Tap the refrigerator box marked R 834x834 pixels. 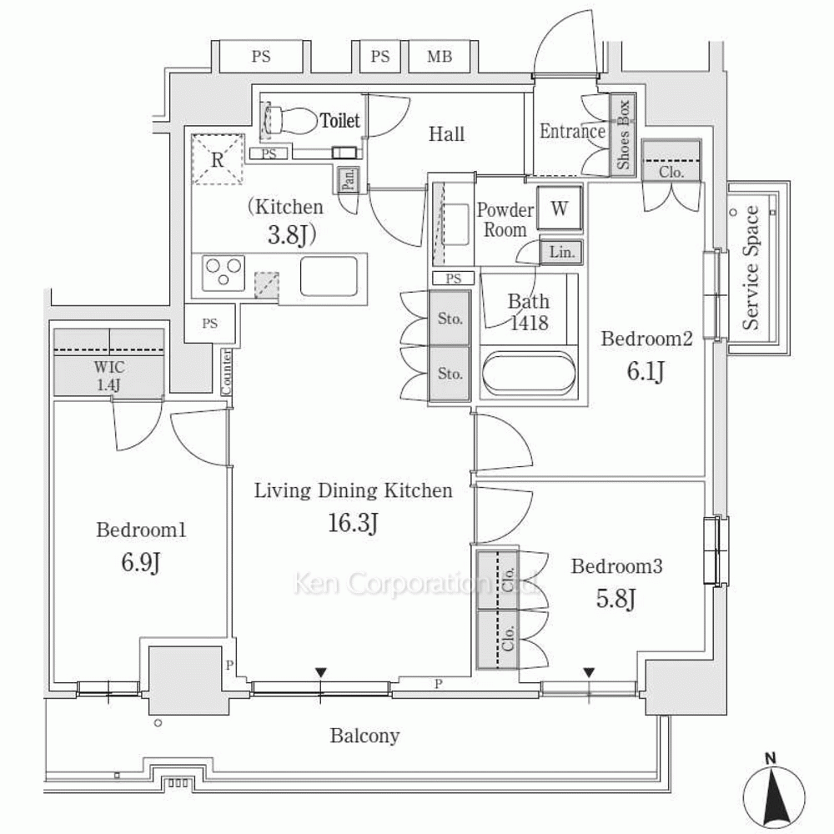[x=217, y=158]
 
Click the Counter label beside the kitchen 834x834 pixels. [x=226, y=372]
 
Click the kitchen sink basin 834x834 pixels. [x=329, y=276]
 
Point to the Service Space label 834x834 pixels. [x=751, y=267]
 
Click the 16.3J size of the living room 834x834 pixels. [x=353, y=523]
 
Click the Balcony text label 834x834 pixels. [x=364, y=736]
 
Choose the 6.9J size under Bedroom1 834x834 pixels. [x=140, y=564]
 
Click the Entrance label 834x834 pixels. [x=572, y=131]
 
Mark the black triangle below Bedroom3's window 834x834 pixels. [x=590, y=672]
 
